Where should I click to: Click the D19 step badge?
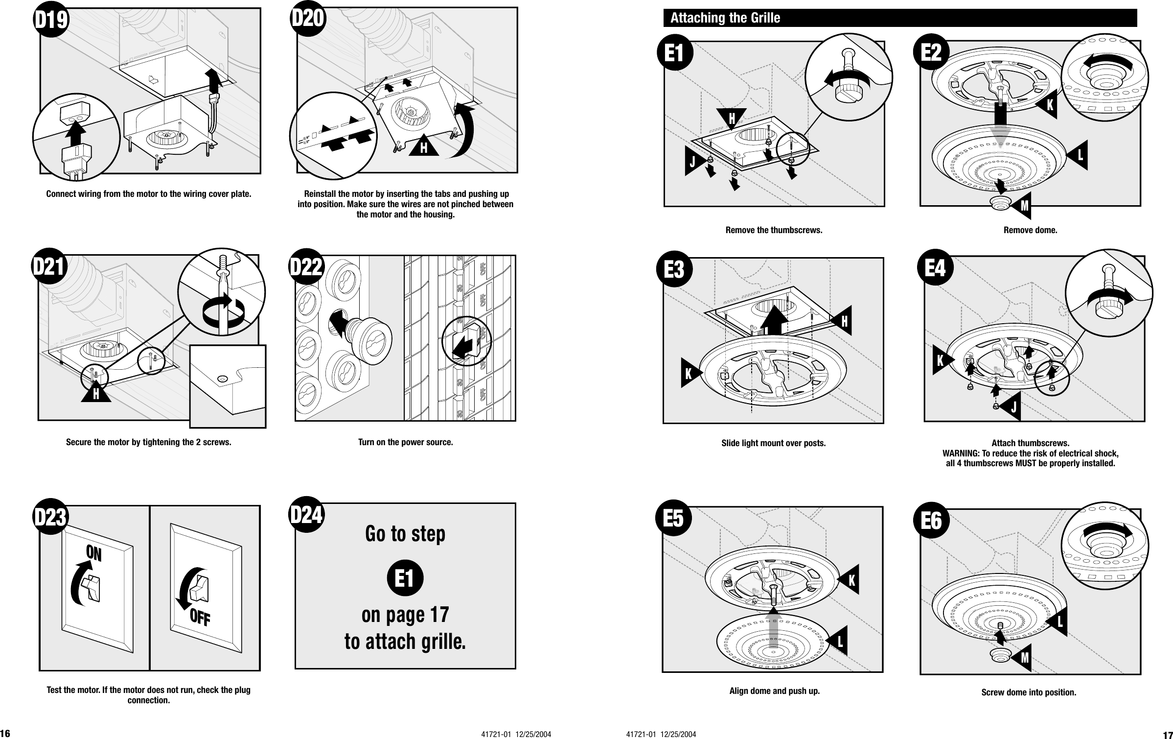(x=51, y=21)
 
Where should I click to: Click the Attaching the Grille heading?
(x=725, y=18)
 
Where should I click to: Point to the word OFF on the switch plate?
(x=200, y=619)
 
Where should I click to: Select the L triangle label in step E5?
(x=839, y=641)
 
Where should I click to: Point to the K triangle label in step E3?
(x=689, y=374)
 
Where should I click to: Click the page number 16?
(x=6, y=734)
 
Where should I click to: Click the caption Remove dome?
(x=1030, y=230)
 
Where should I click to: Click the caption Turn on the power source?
(x=405, y=442)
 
